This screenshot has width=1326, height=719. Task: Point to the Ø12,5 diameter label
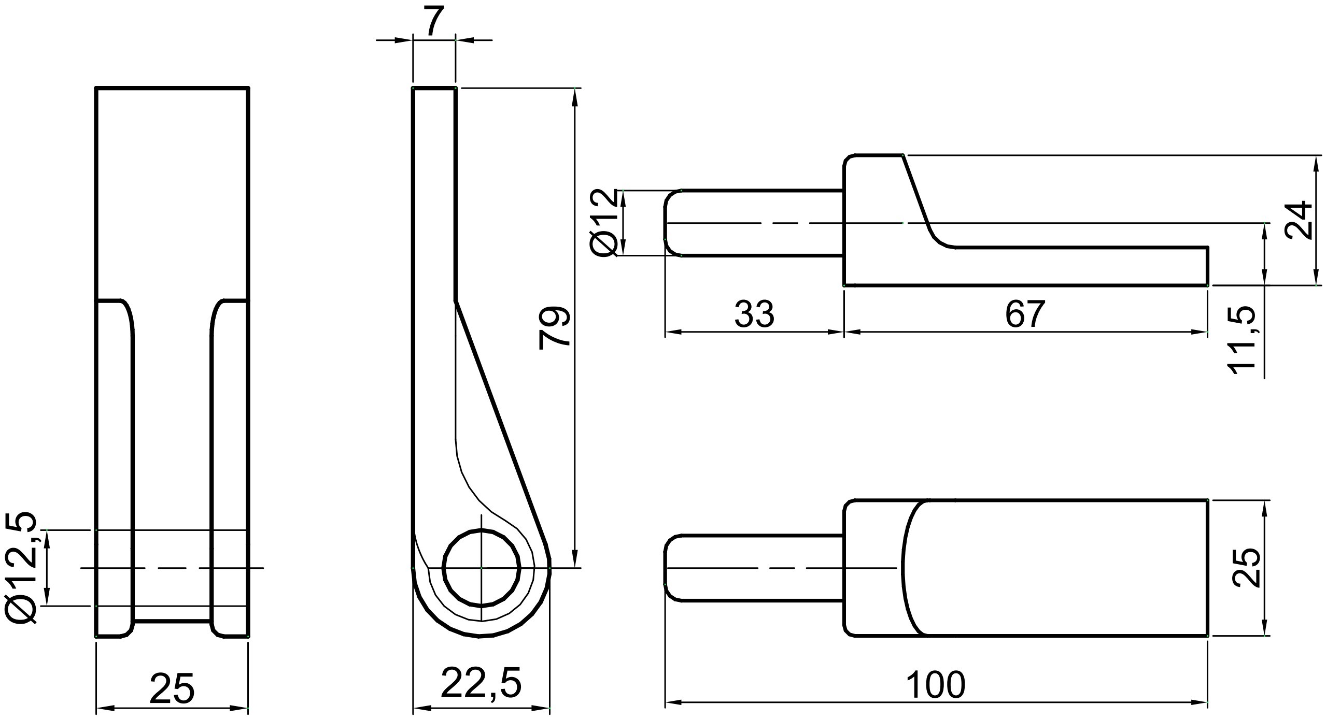coord(21,568)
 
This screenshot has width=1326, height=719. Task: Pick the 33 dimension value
coord(754,314)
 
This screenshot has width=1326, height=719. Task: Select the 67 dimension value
coord(1025,314)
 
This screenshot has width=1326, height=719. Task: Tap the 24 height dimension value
coord(1299,220)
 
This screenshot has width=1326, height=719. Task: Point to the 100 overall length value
coord(936,684)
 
